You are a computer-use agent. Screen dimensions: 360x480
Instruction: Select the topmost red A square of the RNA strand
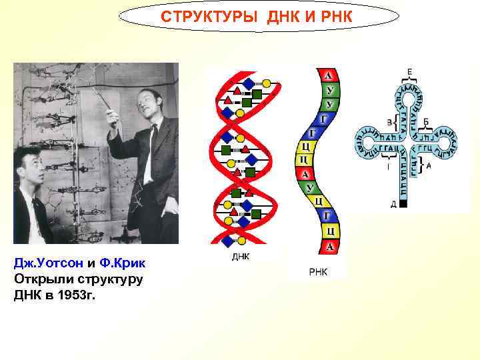[328, 75]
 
